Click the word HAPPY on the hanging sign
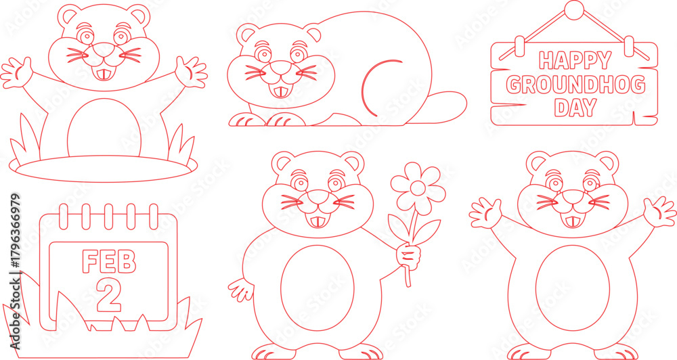(x=575, y=60)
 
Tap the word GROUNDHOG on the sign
(x=575, y=85)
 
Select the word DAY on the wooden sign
(x=575, y=108)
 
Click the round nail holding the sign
(x=574, y=10)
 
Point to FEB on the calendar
(x=109, y=262)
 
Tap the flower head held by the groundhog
(x=418, y=188)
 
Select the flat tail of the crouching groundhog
(x=444, y=107)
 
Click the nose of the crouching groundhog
(x=281, y=68)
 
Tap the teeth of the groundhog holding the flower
(x=317, y=222)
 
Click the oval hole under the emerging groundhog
(x=103, y=168)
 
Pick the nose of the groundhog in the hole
(x=104, y=51)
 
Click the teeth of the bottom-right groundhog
(x=571, y=222)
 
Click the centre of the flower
(x=418, y=188)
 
